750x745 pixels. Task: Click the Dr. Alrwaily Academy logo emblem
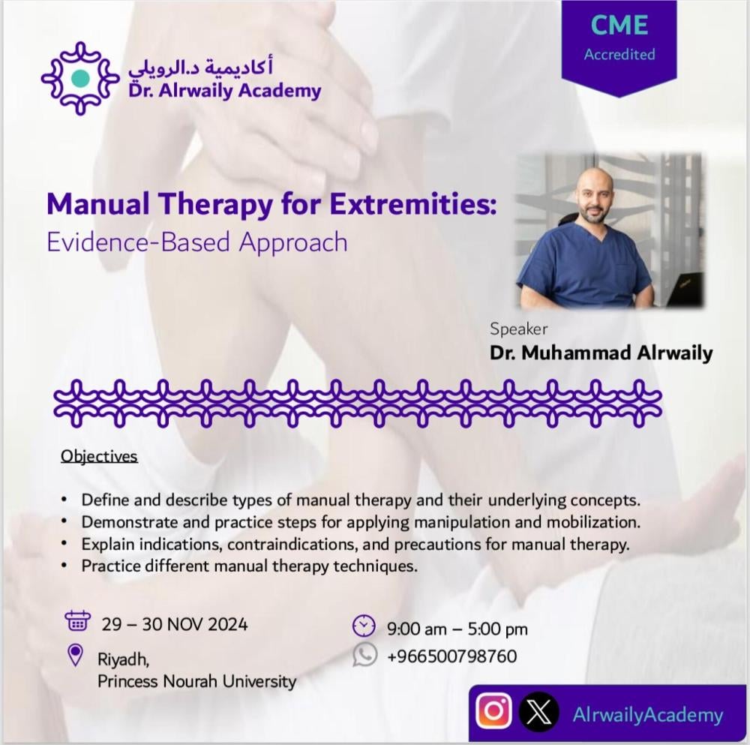tap(80, 78)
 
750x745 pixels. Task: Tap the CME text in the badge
tap(619, 25)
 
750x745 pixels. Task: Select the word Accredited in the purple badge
tap(619, 54)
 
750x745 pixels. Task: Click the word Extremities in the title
tap(412, 203)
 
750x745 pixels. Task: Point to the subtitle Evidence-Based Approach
tap(197, 242)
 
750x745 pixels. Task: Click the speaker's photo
tap(610, 230)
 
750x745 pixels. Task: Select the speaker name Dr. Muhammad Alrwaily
tap(601, 353)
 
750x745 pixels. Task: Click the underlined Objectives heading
tap(99, 456)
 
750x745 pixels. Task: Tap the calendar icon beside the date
tap(77, 621)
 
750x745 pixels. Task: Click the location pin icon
tap(76, 655)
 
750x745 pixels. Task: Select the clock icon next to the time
tap(364, 626)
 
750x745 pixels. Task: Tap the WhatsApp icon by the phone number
tap(365, 654)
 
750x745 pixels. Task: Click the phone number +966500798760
tap(452, 656)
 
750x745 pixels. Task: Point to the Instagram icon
tap(493, 711)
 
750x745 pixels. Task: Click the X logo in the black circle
tap(539, 711)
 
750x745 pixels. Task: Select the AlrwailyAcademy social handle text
tap(648, 715)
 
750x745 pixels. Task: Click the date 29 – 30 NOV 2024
tap(175, 624)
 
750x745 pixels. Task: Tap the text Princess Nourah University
tap(197, 681)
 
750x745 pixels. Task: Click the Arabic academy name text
tap(201, 68)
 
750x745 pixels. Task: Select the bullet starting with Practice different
tap(240, 566)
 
